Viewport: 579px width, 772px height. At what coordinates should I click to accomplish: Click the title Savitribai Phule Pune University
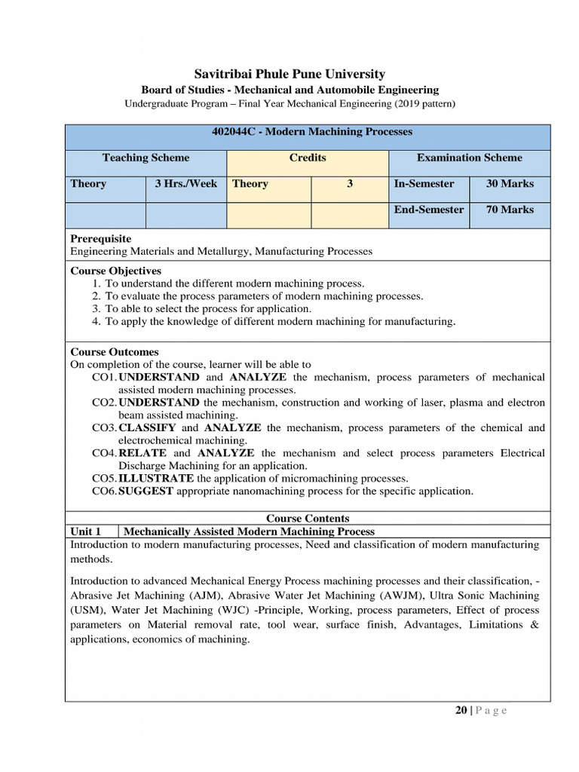coord(289,74)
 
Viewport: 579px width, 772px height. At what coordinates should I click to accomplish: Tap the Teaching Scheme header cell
coord(146,158)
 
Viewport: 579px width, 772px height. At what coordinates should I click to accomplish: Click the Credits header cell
coord(308,158)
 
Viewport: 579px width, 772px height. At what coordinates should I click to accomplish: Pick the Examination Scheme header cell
coord(469,158)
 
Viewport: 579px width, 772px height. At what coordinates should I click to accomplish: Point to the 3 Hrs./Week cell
coord(185,184)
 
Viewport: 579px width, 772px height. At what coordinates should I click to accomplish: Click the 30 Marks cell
coord(510,184)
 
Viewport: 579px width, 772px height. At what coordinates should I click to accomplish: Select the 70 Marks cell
coord(510,210)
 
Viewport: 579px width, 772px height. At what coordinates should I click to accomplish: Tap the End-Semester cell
coord(428,210)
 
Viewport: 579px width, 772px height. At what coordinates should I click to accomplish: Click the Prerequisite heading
coord(100,238)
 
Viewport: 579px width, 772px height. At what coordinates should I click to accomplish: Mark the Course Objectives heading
coord(115,271)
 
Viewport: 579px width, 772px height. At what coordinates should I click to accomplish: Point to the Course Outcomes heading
coord(115,352)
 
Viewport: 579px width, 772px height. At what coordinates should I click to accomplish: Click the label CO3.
coord(105,428)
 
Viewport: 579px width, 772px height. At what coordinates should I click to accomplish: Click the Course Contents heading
coord(308,519)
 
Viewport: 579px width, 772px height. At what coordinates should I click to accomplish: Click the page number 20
coord(461,710)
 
